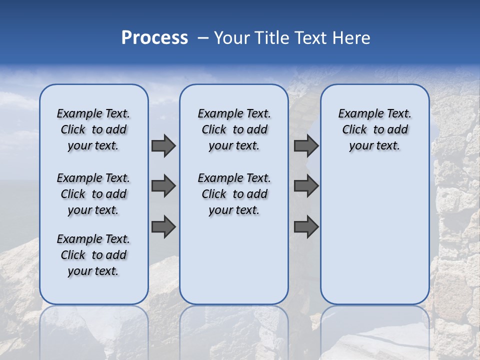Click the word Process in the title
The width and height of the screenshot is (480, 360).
click(x=154, y=38)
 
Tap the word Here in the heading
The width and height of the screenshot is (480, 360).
click(x=352, y=38)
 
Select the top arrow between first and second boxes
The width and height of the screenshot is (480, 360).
click(x=163, y=145)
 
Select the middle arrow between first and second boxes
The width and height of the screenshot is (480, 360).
click(x=163, y=186)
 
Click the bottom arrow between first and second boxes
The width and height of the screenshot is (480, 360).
click(x=163, y=226)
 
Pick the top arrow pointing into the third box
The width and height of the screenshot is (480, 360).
click(x=306, y=145)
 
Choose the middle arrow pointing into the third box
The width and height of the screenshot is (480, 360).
click(x=306, y=186)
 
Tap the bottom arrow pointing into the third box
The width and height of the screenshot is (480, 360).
click(x=306, y=226)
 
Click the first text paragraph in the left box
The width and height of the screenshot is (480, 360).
click(x=93, y=129)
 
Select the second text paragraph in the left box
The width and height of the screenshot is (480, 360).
click(x=93, y=194)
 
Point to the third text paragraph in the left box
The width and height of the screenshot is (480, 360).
click(x=93, y=255)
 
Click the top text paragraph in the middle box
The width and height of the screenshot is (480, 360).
click(x=234, y=129)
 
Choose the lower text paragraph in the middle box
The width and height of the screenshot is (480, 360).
click(x=234, y=194)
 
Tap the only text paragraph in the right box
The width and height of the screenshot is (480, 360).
click(x=374, y=129)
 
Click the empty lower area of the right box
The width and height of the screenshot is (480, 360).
click(x=374, y=240)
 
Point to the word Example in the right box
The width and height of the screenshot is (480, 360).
click(x=357, y=114)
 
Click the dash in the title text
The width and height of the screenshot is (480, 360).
click(x=202, y=38)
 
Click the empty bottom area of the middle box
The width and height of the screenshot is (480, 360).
click(x=234, y=265)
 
